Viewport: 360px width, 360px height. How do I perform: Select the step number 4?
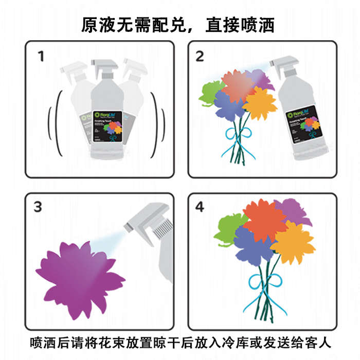pyautogui.click(x=200, y=207)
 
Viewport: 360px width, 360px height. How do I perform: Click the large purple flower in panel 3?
pyautogui.click(x=80, y=278)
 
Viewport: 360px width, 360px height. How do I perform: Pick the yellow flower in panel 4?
pyautogui.click(x=294, y=242)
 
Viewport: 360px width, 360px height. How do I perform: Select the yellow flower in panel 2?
pyautogui.click(x=260, y=103)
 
